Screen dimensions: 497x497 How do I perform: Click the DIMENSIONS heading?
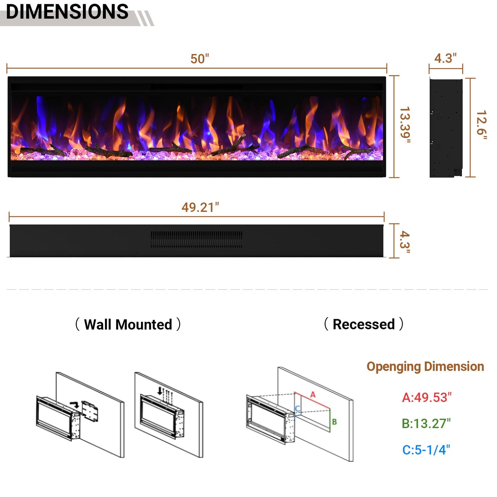[x=67, y=12]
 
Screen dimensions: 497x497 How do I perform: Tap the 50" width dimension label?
[x=200, y=59]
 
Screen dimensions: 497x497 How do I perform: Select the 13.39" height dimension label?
[x=405, y=125]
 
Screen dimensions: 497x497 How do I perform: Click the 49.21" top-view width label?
[x=200, y=207]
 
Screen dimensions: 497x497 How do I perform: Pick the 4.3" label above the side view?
[x=445, y=58]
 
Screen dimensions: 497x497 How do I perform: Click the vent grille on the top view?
[x=196, y=239]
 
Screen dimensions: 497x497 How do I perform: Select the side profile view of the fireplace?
[x=446, y=128]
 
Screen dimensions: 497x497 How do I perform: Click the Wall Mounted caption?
[x=128, y=324]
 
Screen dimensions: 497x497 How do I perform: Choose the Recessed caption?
[x=364, y=324]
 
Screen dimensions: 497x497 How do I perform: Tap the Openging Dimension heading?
[x=425, y=367]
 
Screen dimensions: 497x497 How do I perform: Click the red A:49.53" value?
[x=426, y=397]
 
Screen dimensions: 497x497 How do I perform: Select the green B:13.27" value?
[x=426, y=423]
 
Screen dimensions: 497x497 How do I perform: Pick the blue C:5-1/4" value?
[x=426, y=450]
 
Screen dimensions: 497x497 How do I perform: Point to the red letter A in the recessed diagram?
[x=313, y=395]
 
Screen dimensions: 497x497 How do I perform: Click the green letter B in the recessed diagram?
[x=334, y=422]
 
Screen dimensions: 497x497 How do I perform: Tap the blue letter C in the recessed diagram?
[x=298, y=409]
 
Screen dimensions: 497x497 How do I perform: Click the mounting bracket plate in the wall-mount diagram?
[x=90, y=411]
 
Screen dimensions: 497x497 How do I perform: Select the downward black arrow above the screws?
[x=160, y=391]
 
